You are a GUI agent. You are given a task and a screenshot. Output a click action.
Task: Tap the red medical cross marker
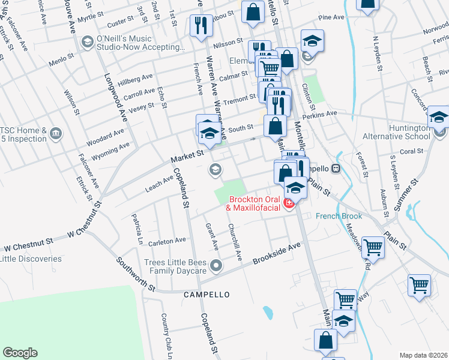click(289, 204)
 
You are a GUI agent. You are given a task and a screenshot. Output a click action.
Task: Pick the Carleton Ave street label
click(167, 241)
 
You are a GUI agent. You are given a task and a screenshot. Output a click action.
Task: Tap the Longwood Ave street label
click(116, 96)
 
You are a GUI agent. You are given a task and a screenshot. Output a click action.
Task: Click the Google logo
click(20, 353)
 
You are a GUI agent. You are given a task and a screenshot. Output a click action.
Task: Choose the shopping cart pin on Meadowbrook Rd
click(373, 247)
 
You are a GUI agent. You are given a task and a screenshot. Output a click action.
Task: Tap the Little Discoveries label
click(31, 259)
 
